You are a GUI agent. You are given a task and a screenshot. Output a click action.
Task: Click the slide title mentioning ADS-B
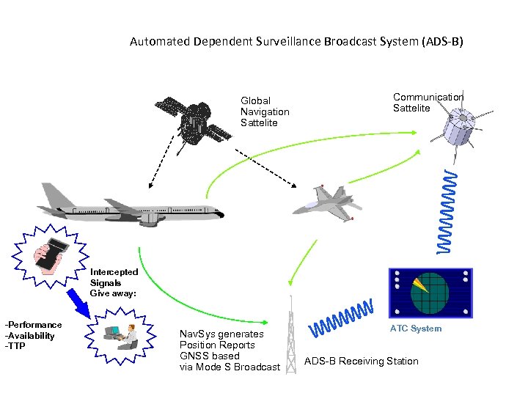[x=296, y=42]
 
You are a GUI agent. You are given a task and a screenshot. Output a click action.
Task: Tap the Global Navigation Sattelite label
[x=265, y=111]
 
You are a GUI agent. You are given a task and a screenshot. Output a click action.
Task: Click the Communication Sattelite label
[x=428, y=103]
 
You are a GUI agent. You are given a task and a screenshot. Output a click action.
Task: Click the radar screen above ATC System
[x=430, y=293]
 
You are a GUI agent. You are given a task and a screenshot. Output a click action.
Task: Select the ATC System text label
[x=416, y=329]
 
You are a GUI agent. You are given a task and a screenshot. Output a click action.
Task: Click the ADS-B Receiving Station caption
[x=361, y=361]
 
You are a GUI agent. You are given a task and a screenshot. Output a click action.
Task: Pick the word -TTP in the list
[x=15, y=346]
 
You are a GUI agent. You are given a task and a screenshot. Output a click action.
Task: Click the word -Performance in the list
[x=34, y=324]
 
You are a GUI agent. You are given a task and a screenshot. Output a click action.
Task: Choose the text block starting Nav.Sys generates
[x=230, y=351]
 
